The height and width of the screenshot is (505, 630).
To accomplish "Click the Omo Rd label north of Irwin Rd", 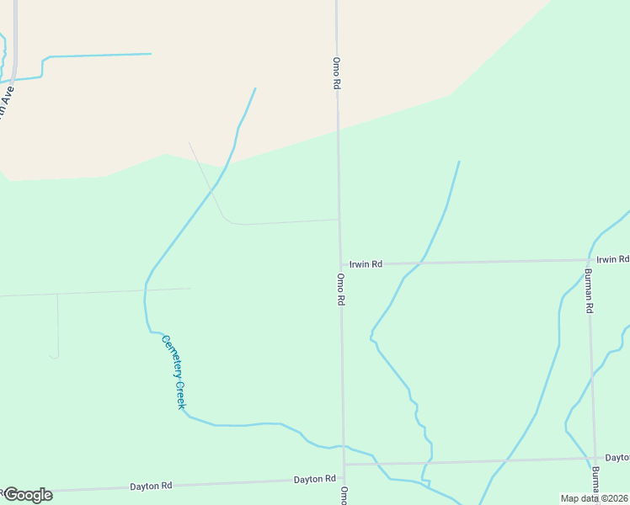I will click(336, 73).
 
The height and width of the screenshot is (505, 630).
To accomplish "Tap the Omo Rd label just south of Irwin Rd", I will click(341, 289).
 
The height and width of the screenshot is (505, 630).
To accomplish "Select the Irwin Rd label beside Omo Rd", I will click(366, 264).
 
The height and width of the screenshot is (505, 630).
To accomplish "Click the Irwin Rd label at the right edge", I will click(612, 259).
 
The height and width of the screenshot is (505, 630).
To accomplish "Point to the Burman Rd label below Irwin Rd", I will click(589, 291).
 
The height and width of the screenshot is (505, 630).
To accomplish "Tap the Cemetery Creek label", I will click(174, 372).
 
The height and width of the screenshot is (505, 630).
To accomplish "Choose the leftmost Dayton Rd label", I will click(151, 486).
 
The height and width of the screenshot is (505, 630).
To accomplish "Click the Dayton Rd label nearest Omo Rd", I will click(314, 479).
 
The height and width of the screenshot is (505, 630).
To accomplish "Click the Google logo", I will click(28, 495).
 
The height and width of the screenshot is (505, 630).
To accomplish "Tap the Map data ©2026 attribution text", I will click(595, 498).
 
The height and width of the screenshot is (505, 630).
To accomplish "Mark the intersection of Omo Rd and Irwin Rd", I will click(340, 264).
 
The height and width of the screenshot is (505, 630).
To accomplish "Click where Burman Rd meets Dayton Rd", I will click(594, 460).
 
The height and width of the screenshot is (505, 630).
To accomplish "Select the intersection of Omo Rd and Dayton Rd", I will click(343, 464).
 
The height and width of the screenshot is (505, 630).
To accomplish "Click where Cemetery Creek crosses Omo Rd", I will click(343, 446).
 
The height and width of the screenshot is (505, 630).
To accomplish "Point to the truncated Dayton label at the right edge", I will click(617, 457).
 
